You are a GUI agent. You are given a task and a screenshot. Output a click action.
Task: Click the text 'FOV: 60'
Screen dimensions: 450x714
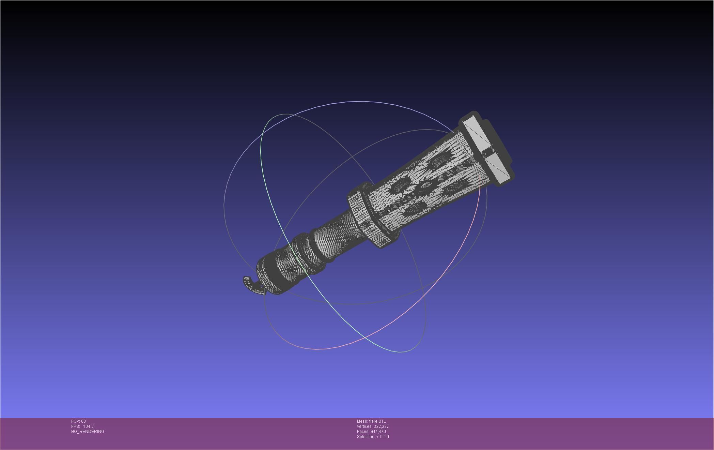tap(78, 421)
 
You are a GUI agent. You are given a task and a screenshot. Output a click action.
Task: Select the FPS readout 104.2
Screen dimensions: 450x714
tap(88, 426)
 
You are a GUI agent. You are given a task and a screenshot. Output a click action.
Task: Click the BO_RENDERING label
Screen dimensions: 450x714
tap(88, 432)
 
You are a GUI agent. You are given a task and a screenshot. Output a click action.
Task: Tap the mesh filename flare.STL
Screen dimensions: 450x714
tap(377, 421)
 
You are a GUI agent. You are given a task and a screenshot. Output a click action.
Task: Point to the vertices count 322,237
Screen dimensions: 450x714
tap(381, 426)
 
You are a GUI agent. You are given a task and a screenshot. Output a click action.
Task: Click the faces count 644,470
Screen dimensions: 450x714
tap(378, 432)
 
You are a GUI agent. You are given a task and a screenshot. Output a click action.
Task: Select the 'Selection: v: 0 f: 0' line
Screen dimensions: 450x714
tap(373, 437)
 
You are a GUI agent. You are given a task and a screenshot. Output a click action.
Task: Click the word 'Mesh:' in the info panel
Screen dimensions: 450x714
tap(362, 421)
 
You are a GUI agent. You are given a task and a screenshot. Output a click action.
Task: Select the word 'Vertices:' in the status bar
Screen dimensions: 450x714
tap(365, 426)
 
